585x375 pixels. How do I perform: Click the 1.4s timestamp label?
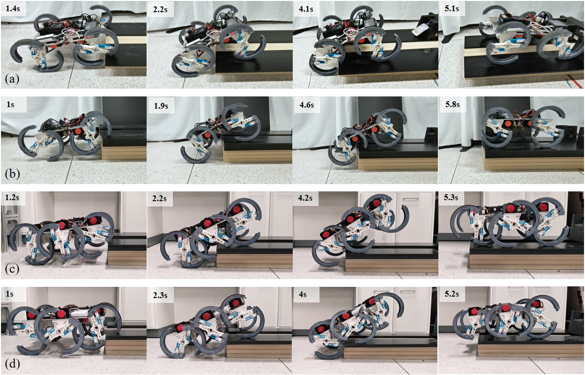(x=13, y=8)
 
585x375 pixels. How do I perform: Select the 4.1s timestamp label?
(x=306, y=9)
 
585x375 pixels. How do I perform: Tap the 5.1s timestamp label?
(x=452, y=9)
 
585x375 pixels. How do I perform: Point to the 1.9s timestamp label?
(x=161, y=105)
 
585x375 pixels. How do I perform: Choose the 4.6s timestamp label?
(x=306, y=105)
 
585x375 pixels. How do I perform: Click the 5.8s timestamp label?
(x=453, y=104)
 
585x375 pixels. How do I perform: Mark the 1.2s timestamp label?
(x=12, y=197)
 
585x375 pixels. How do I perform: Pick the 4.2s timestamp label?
(x=305, y=198)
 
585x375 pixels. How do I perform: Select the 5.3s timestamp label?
(x=451, y=197)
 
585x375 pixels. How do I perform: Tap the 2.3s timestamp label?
(x=160, y=295)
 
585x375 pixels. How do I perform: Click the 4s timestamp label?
(x=302, y=294)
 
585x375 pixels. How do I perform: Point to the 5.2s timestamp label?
(x=452, y=294)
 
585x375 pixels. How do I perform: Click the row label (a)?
(x=12, y=78)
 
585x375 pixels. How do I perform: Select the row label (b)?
(x=12, y=174)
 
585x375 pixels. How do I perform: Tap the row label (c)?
(x=12, y=269)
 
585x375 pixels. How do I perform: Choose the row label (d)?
(x=12, y=364)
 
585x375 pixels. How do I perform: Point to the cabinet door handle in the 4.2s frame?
(x=410, y=200)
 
